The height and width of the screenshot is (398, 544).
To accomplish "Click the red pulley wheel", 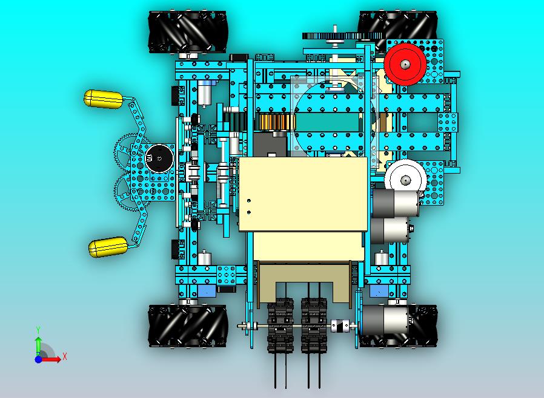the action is [x=405, y=65].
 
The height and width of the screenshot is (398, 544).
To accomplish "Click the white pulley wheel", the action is [x=405, y=180].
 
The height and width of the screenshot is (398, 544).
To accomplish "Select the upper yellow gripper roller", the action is [x=103, y=99].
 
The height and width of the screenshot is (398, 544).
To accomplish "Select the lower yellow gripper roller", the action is [x=108, y=247].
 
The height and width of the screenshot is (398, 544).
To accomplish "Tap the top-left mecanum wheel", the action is [x=188, y=32].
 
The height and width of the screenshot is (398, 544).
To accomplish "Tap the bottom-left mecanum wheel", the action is [x=188, y=326].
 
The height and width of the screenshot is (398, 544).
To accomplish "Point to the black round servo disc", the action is [x=159, y=158].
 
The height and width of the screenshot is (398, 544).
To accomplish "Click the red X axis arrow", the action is [x=51, y=359].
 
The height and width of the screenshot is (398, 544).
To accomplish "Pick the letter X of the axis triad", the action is [x=65, y=356].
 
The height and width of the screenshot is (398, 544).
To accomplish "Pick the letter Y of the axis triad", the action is [x=39, y=330].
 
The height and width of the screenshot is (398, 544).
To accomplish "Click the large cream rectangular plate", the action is [x=303, y=194].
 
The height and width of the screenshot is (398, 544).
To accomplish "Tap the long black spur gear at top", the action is [x=343, y=36].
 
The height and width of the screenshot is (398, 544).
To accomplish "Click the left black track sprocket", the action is [x=280, y=325].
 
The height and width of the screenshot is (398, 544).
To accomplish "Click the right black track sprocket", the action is [x=314, y=325].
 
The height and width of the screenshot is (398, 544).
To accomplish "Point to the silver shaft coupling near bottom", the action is [x=339, y=325].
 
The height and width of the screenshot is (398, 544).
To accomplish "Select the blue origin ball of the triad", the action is [x=38, y=359].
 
